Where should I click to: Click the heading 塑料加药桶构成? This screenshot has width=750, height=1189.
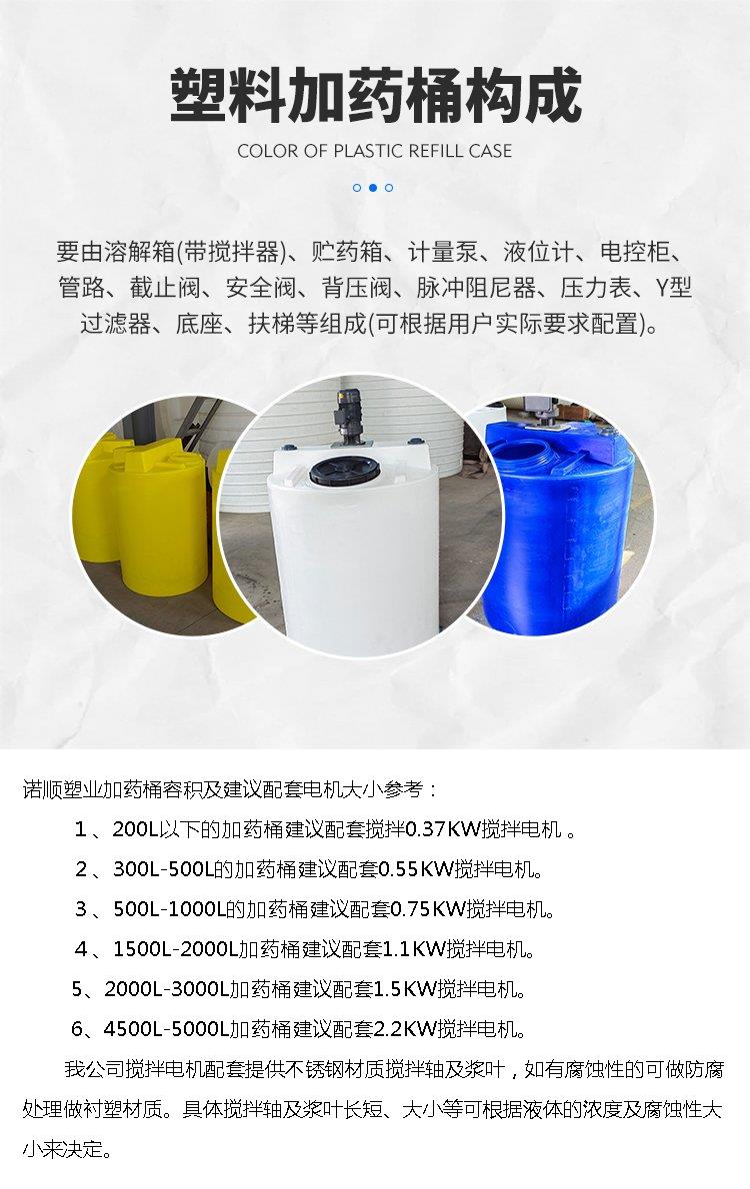375,96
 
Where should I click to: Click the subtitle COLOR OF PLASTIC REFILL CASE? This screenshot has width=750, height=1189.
374,151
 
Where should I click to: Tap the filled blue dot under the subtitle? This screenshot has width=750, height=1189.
373,187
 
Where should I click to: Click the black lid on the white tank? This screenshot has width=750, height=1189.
345,472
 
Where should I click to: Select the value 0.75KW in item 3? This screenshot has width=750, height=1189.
427,908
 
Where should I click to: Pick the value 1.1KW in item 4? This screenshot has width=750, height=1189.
413,948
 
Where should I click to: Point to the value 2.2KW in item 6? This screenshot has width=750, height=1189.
405,1029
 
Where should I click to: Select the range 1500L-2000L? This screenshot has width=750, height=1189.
175,948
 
